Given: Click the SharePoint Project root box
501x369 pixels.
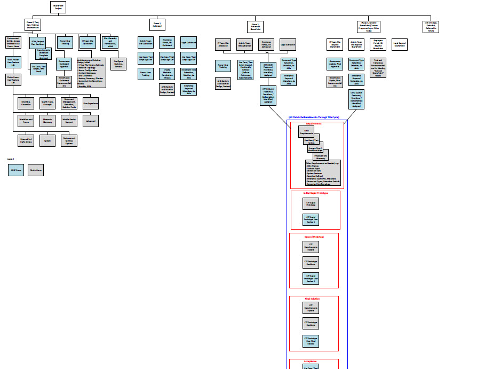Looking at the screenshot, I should [58, 7].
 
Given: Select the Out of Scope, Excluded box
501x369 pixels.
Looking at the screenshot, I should [431, 27].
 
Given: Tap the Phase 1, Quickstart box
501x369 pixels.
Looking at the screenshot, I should [157, 25].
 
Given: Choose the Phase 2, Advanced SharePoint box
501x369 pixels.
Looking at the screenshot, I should [256, 27].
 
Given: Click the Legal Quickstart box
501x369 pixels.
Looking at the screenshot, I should [188, 43].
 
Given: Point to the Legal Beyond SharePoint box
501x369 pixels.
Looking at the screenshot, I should [400, 44].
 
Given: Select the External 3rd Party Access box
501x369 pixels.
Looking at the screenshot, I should [26, 141].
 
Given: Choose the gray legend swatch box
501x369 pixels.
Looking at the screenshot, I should [36, 170].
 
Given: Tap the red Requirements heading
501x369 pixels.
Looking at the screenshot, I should [314, 123].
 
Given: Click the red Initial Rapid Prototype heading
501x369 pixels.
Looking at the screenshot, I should [315, 193].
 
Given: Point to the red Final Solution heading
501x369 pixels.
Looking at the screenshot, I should [314, 299].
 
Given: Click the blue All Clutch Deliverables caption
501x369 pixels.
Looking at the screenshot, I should [314, 117].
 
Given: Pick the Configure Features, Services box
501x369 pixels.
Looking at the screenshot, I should [118, 64].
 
